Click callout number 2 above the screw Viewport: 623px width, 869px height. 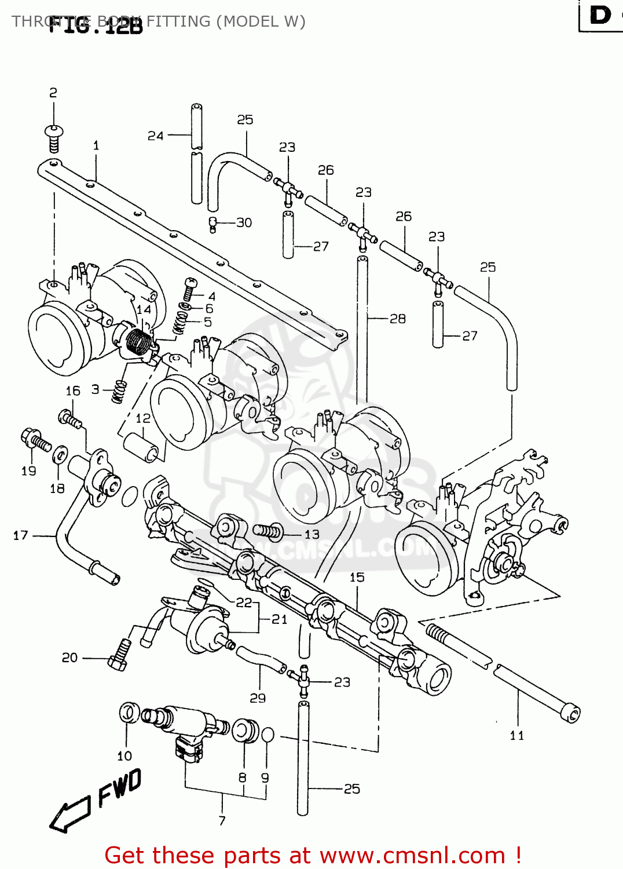53,93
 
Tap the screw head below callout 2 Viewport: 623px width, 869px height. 54,131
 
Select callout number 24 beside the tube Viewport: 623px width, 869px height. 155,136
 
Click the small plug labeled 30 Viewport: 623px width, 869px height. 212,223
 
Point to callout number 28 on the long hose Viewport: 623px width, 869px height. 398,319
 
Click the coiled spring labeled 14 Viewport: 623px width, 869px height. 138,342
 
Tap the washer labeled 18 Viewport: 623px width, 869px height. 60,455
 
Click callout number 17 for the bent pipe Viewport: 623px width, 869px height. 21,535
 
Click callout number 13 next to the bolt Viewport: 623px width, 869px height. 312,534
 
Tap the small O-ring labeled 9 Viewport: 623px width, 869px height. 267,735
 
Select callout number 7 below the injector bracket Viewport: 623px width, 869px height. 222,820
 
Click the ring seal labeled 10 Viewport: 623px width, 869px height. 129,713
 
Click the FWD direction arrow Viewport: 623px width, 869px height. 69,814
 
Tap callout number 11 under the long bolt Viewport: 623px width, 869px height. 517,736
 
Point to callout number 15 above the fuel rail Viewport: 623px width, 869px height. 357,578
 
